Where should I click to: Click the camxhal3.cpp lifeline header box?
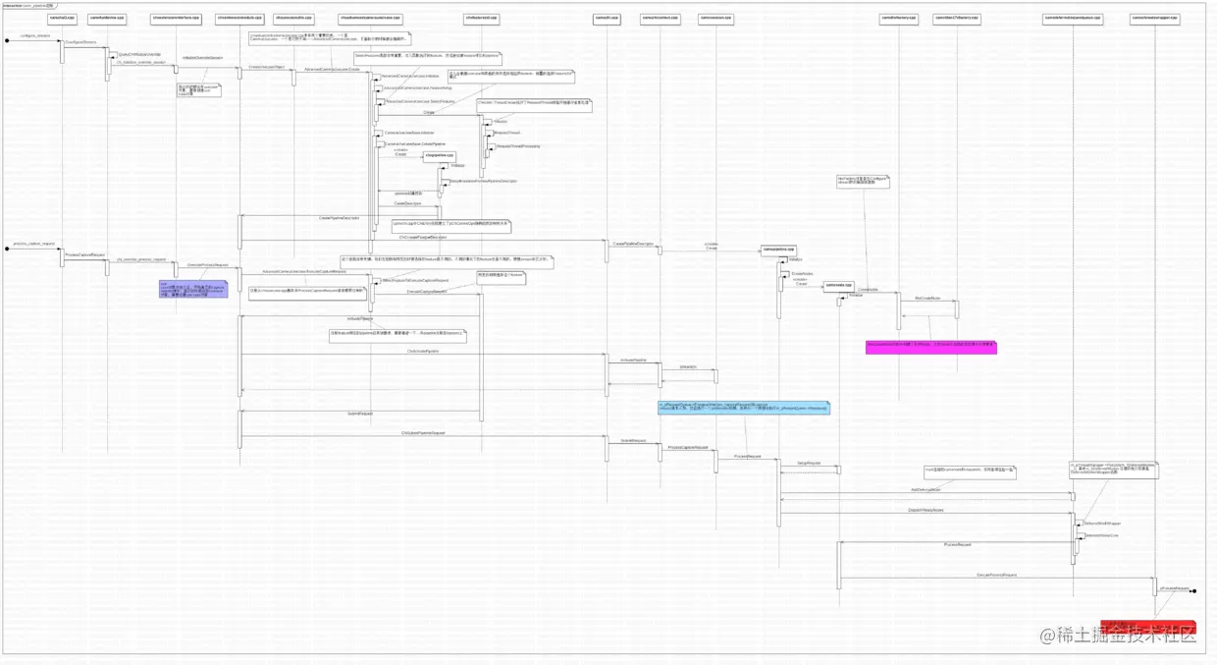[x=62, y=19]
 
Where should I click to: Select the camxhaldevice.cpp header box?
[x=107, y=19]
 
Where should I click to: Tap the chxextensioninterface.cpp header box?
[x=177, y=19]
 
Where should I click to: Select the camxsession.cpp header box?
[x=715, y=19]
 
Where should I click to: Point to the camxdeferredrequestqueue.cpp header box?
[x=1073, y=19]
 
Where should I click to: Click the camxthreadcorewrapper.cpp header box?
[x=1154, y=19]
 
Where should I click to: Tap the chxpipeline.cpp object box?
[x=439, y=156]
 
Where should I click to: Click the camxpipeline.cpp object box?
[x=778, y=250]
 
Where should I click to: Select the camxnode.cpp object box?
[x=838, y=286]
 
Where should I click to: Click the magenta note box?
[x=930, y=347]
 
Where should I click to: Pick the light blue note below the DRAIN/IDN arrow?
[x=743, y=407]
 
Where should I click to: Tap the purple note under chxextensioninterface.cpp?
[x=192, y=288]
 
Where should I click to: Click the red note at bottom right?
[x=1147, y=628]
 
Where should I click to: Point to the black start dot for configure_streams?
[x=7, y=41]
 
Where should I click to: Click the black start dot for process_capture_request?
[x=7, y=249]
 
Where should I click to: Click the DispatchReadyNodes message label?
[x=926, y=510]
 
